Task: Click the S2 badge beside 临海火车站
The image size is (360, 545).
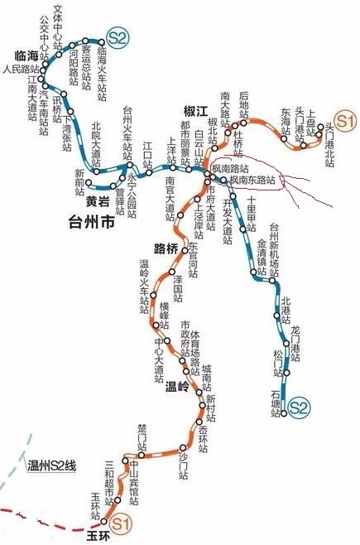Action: (x=117, y=37)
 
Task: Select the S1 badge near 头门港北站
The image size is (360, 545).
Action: (x=345, y=120)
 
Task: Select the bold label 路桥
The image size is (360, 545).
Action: (x=166, y=248)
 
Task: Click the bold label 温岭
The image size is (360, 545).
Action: (x=177, y=384)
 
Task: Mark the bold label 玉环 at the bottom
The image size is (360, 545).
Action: (x=98, y=535)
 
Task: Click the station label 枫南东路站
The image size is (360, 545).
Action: (x=255, y=179)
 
